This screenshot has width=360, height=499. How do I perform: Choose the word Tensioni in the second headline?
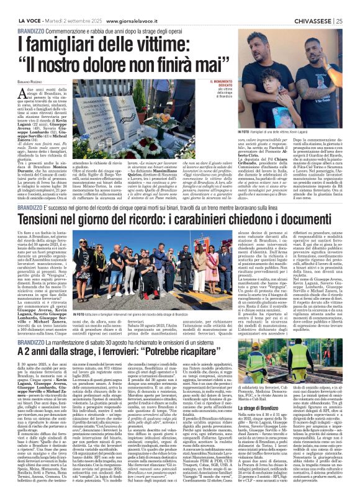(45, 220)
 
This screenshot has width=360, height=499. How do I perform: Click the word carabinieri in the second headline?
(233, 220)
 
